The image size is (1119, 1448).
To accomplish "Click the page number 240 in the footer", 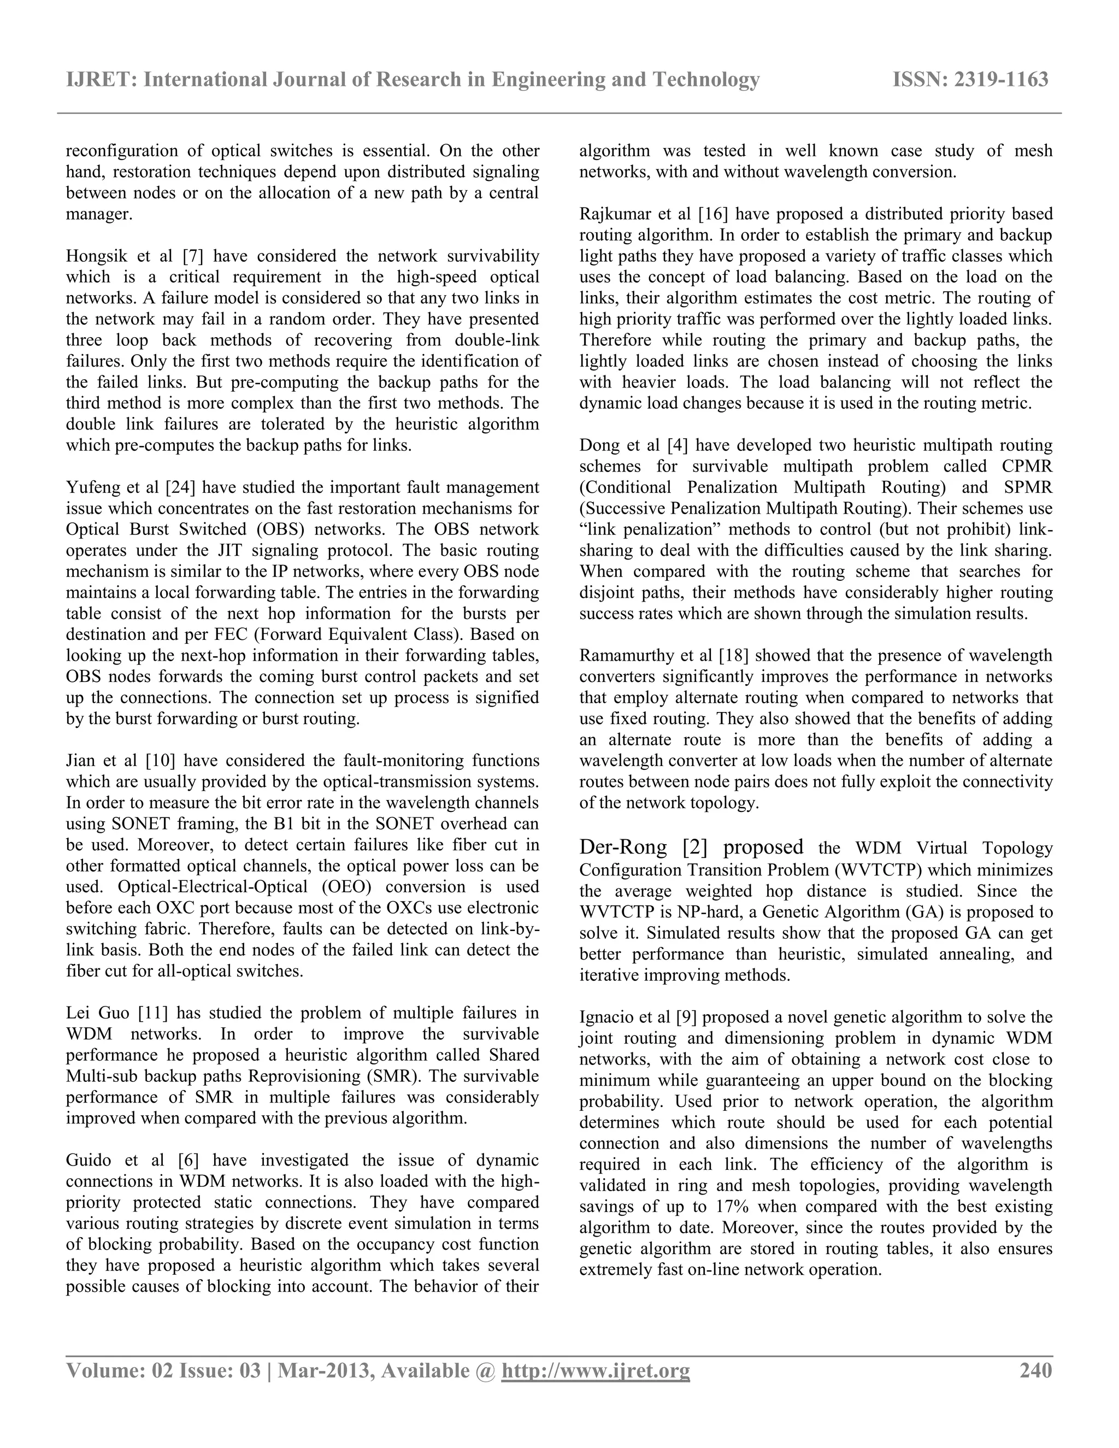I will click(1035, 1370).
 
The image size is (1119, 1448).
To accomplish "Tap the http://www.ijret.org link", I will click(596, 1370).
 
